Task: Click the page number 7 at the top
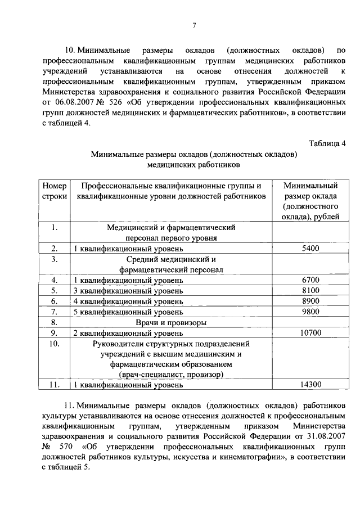pyautogui.click(x=193, y=25)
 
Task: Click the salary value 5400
pyautogui.click(x=310, y=248)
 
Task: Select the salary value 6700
pyautogui.click(x=310, y=280)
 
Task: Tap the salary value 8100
pyautogui.click(x=310, y=290)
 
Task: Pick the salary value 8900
pyautogui.click(x=310, y=301)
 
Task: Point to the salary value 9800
pyautogui.click(x=310, y=312)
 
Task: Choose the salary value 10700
pyautogui.click(x=310, y=333)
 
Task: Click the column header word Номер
pyautogui.click(x=55, y=185)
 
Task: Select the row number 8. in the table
pyautogui.click(x=55, y=322)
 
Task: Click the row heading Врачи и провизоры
pyautogui.click(x=170, y=322)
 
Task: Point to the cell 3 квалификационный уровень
pyautogui.click(x=128, y=290)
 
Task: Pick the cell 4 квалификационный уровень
pyautogui.click(x=128, y=301)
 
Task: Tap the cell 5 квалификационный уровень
pyautogui.click(x=128, y=312)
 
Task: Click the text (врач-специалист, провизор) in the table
pyautogui.click(x=170, y=374)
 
